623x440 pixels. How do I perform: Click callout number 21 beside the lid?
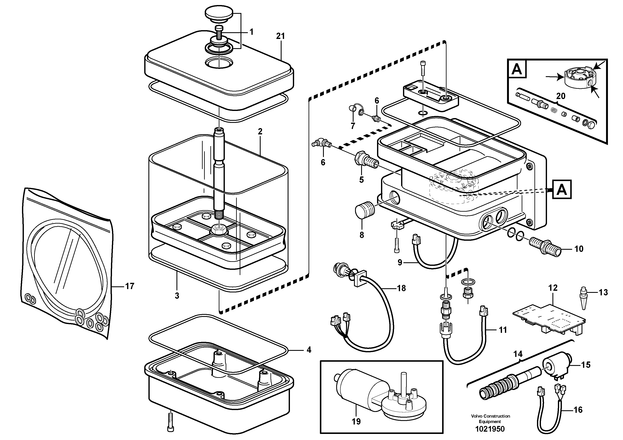(281, 36)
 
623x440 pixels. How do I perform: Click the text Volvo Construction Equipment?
(490, 419)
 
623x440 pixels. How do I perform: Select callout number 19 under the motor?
(356, 421)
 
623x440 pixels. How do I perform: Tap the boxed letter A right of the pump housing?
(561, 189)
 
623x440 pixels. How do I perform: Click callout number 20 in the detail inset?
(561, 96)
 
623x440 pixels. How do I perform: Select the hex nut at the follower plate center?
(218, 230)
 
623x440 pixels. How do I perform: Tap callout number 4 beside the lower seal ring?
(309, 350)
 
